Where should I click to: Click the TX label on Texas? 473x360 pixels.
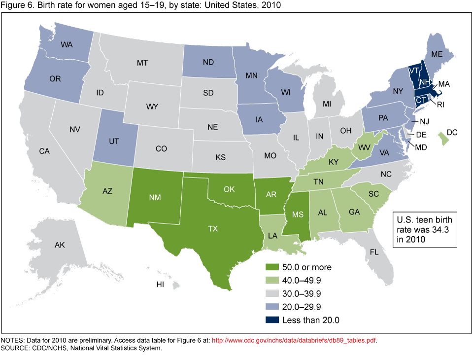(x=212, y=228)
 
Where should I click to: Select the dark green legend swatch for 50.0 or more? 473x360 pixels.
(x=272, y=267)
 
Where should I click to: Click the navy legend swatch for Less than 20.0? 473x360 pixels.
(x=272, y=321)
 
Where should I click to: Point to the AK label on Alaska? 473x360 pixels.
(x=60, y=245)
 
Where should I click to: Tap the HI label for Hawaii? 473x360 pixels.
(x=160, y=284)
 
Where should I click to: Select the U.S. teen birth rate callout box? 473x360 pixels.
(x=424, y=228)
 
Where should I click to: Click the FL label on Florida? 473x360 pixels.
(x=374, y=252)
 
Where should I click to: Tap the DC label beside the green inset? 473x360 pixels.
(x=452, y=132)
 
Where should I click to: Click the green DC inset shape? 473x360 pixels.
(x=444, y=140)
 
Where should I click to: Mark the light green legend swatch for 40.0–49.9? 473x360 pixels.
(x=272, y=281)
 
